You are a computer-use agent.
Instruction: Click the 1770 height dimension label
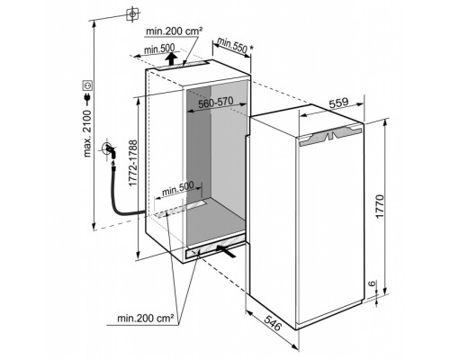point(380,206)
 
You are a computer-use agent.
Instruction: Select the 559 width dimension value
point(338,103)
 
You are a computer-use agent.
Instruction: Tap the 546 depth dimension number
point(273,322)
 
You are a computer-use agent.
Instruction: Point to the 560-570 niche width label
point(216,103)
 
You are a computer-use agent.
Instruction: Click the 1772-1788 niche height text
point(132,163)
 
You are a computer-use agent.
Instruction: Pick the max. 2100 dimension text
point(87,133)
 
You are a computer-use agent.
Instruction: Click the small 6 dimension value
point(372,283)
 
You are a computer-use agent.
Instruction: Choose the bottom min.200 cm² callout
point(146,318)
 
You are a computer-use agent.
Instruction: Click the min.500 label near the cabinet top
point(159,49)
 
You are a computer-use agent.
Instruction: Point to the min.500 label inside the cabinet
point(178,188)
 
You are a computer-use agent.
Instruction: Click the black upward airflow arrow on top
point(171,58)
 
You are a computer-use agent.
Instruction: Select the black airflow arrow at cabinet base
point(225,251)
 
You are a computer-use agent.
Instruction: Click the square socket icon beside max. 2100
point(87,85)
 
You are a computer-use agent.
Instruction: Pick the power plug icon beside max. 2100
point(87,98)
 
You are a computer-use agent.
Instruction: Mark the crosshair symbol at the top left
point(132,13)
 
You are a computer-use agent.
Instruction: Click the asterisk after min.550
point(252,48)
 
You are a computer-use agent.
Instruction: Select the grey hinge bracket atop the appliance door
point(331,135)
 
